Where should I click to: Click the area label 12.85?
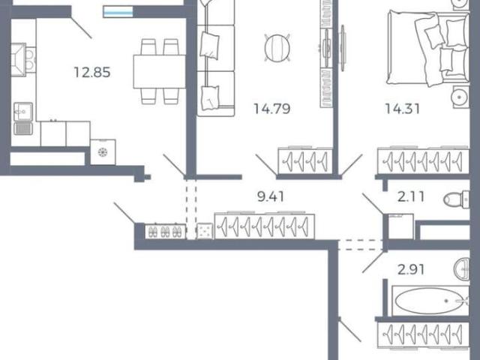tap(92, 73)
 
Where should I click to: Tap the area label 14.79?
tap(272, 109)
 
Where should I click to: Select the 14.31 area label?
tap(402, 109)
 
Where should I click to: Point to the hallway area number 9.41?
tap(271, 196)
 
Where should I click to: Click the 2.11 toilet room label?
tap(411, 196)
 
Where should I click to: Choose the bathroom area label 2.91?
tap(411, 270)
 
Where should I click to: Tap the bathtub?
tap(430, 301)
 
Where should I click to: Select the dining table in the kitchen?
tap(160, 72)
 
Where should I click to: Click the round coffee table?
tap(277, 48)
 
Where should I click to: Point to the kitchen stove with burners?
tap(30, 60)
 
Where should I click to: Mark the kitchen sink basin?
tap(23, 112)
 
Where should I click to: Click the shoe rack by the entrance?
tap(165, 232)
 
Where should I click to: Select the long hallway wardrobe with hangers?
tap(265, 226)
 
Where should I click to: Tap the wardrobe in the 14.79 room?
tap(305, 160)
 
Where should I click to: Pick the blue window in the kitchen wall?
tap(118, 12)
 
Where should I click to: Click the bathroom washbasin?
tap(462, 269)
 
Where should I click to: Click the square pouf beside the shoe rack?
tap(205, 231)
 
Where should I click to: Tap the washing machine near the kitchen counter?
tap(103, 152)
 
